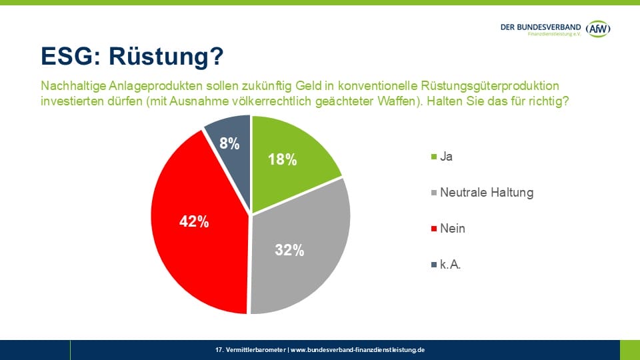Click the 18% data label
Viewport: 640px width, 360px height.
(282, 160)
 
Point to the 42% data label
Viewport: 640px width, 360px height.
(194, 222)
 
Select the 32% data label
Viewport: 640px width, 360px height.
(289, 250)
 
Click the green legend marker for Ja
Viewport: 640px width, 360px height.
(435, 157)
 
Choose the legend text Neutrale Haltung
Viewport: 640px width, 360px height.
(487, 193)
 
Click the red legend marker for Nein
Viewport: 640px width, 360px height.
(435, 229)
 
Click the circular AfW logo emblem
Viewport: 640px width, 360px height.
(599, 29)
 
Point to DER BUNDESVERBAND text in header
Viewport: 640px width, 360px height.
(541, 26)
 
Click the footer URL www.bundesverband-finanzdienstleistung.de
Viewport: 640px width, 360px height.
(357, 349)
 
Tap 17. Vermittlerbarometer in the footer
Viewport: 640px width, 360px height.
(251, 349)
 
